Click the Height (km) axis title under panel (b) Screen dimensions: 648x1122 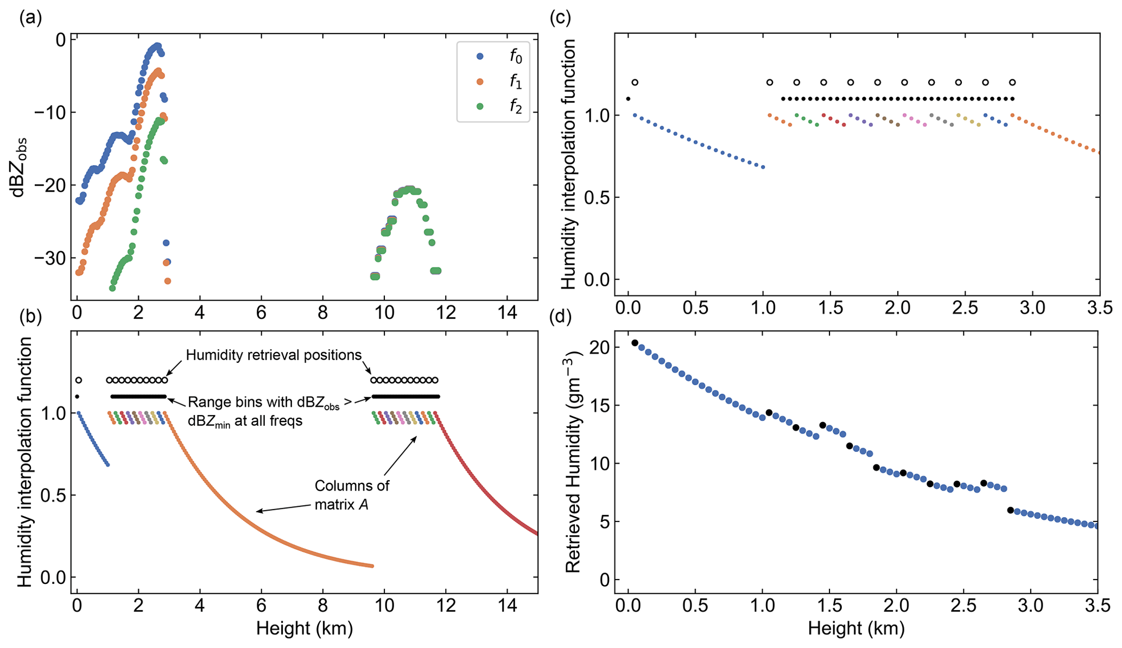tap(305, 628)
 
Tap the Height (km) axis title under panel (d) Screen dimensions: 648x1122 tap(856, 628)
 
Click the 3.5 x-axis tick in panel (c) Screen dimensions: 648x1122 tap(1099, 309)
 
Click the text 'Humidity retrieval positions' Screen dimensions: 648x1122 tap(274, 355)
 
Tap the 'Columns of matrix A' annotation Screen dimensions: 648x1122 tap(352, 495)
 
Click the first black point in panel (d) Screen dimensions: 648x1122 tap(635, 343)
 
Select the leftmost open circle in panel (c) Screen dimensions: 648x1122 tap(635, 83)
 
